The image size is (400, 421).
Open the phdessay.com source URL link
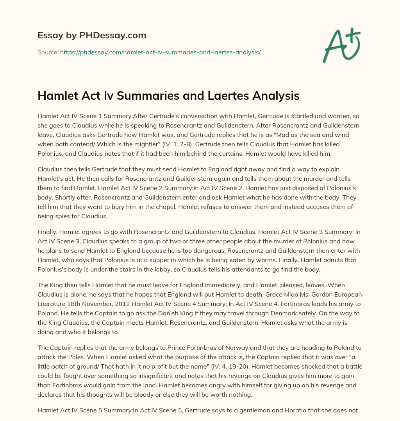160,52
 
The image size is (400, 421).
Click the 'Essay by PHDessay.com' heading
92,36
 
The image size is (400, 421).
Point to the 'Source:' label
48,52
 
